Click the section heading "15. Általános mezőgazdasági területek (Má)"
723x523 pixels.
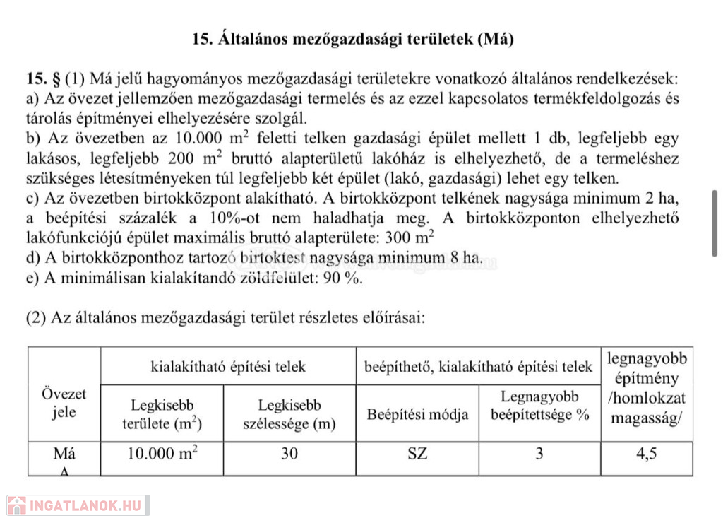pos(352,39)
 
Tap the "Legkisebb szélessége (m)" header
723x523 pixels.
pos(289,414)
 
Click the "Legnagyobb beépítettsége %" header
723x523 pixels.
pos(539,406)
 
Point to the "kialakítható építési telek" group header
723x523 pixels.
pos(228,366)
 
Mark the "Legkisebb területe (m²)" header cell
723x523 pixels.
pos(162,414)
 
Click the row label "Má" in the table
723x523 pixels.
pos(64,453)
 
